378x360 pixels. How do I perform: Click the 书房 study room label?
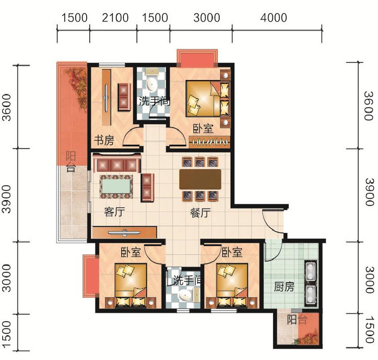104,140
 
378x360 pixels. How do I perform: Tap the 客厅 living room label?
114,212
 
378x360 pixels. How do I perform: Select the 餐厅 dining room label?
200,213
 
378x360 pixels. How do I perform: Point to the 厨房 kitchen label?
284,287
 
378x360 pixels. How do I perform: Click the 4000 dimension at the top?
274,18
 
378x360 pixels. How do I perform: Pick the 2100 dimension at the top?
115,18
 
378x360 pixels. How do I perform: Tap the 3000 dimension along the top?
207,18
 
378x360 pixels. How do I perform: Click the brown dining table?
200,179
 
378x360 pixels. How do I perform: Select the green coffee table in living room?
116,186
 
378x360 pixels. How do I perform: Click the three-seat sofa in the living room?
117,164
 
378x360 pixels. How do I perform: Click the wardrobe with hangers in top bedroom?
210,142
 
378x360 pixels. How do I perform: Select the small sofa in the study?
124,97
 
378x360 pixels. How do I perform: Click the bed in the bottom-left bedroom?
130,286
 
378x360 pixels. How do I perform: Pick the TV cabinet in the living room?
124,232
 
